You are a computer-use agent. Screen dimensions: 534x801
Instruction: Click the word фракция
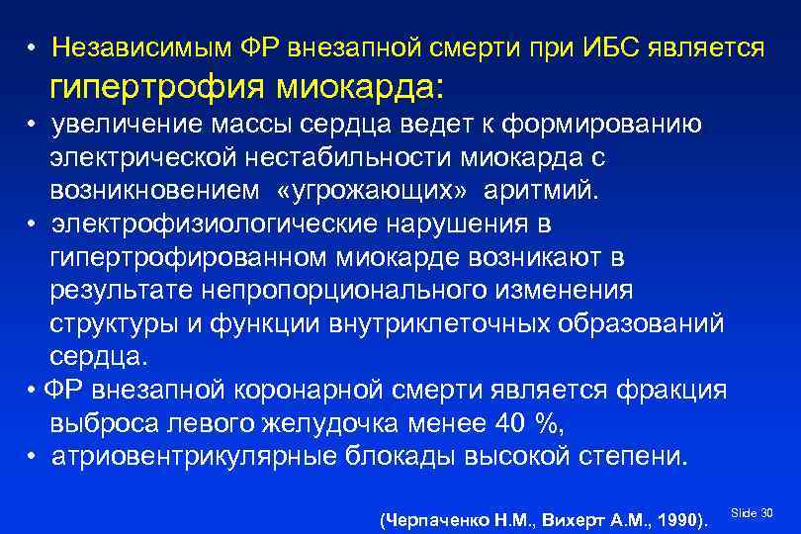pyautogui.click(x=669, y=389)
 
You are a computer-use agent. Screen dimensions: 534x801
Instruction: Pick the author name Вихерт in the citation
pyautogui.click(x=553, y=519)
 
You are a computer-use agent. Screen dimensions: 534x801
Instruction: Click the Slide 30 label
pyautogui.click(x=752, y=512)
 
